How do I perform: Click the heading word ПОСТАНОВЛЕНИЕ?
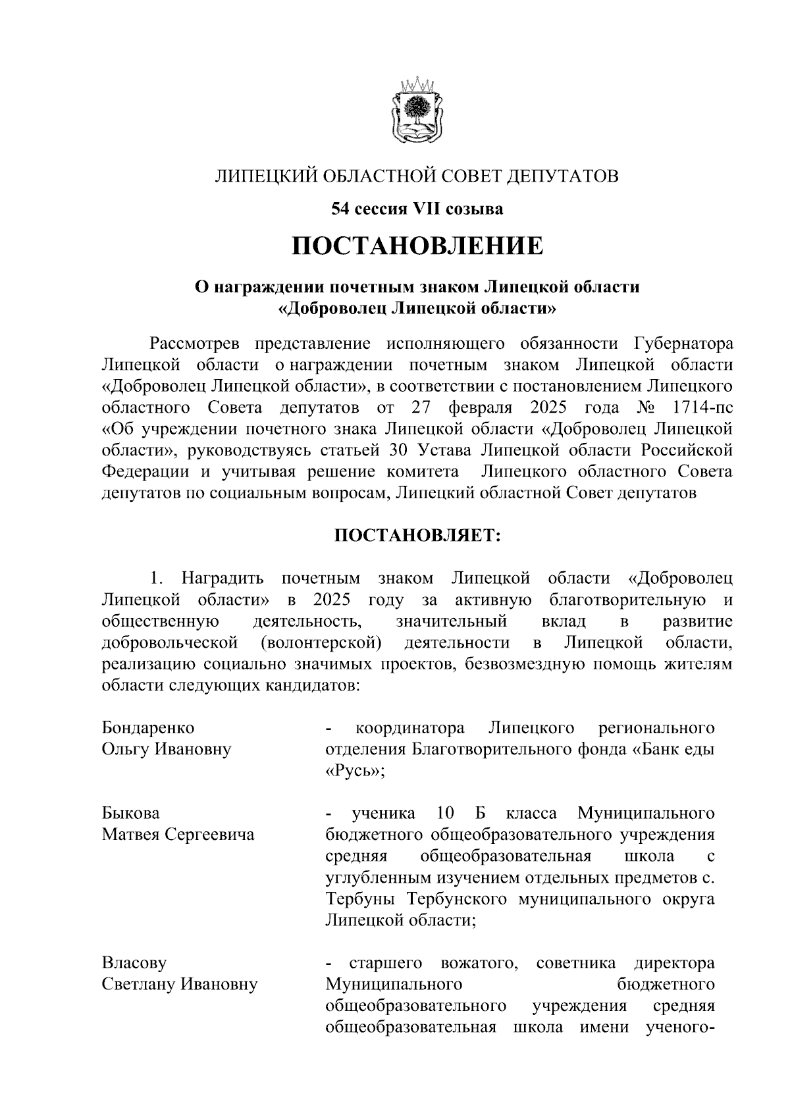(x=418, y=246)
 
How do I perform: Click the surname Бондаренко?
(x=148, y=728)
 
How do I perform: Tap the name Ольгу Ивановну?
(x=167, y=749)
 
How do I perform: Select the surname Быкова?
(x=130, y=814)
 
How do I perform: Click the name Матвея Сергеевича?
(x=178, y=835)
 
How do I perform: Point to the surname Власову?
(x=134, y=963)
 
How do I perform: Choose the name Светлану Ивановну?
(x=179, y=985)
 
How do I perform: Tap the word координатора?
(x=409, y=728)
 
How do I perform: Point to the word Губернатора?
(x=683, y=344)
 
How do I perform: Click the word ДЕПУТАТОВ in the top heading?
(x=562, y=176)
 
